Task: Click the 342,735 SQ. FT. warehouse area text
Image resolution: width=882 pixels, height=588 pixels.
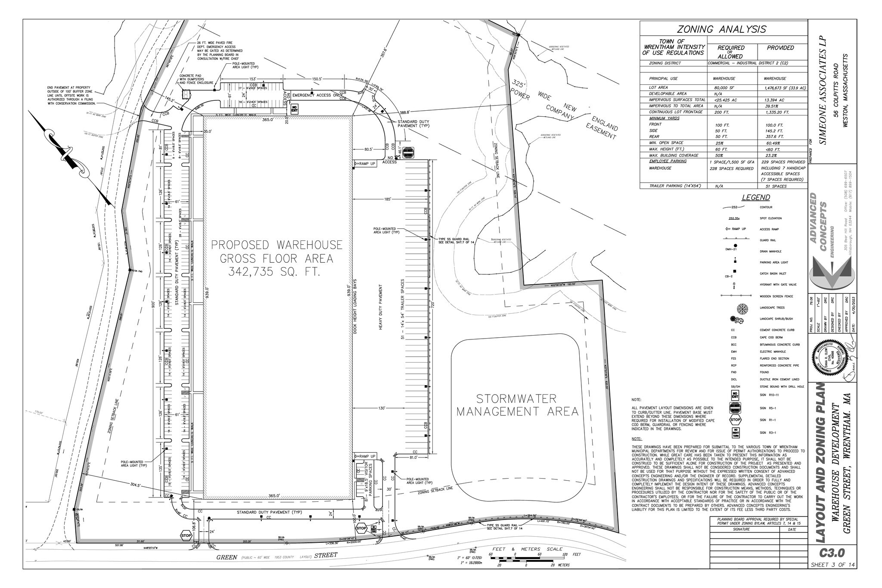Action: click(x=276, y=272)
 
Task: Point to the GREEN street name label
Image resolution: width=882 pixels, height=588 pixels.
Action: click(x=227, y=557)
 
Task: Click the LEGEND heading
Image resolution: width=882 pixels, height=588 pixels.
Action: click(x=756, y=198)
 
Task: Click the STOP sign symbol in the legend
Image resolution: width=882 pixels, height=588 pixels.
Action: click(x=735, y=420)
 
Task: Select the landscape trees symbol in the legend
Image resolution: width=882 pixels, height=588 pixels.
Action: click(x=742, y=308)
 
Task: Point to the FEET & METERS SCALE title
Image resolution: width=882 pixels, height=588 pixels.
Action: click(x=526, y=549)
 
